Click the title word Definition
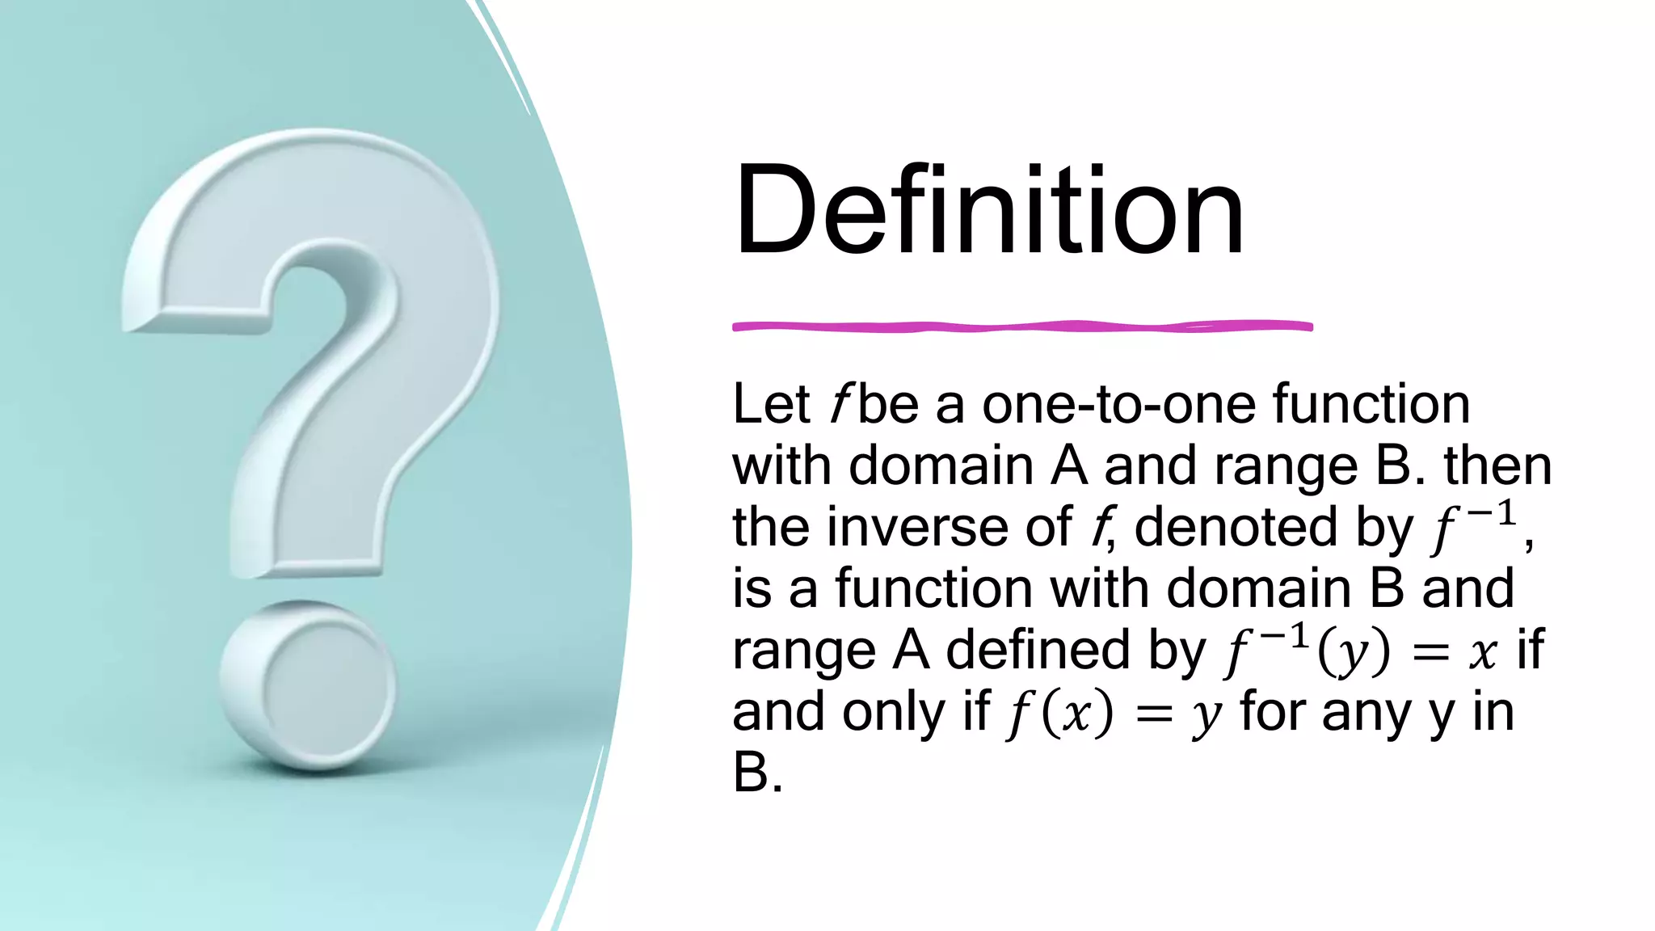click(x=988, y=211)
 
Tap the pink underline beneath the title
click(x=1022, y=326)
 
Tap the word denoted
click(x=1236, y=527)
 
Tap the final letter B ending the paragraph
click(x=750, y=773)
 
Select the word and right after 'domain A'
click(x=1150, y=466)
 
